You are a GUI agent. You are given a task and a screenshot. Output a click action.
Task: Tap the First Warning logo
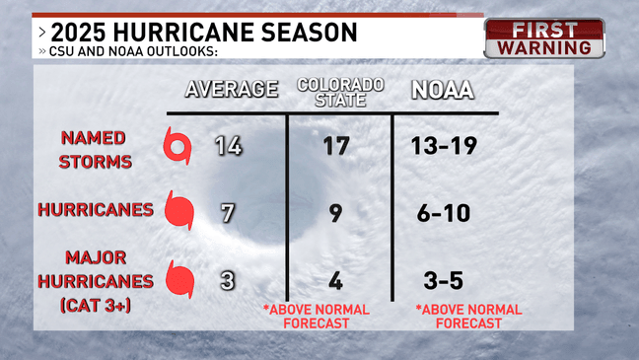543,38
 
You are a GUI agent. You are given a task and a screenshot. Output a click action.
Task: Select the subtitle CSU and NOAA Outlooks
129,52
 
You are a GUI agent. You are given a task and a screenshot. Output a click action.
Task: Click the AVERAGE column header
232,90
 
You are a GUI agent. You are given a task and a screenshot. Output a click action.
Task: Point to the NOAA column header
444,90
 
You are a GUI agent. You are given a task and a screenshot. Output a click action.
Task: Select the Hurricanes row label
95,209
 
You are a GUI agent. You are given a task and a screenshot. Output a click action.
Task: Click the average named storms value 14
229,146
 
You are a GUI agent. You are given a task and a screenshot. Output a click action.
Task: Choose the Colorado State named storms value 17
336,146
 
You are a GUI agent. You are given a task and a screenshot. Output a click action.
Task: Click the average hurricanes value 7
229,211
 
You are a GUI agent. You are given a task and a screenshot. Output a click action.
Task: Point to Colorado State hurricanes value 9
336,211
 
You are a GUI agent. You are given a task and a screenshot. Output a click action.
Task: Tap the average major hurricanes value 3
229,279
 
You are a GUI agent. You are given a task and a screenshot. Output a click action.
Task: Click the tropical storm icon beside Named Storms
178,149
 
